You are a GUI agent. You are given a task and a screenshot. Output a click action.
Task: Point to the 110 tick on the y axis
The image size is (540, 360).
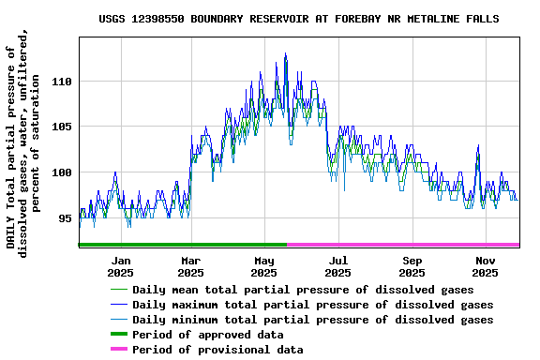coord(61,82)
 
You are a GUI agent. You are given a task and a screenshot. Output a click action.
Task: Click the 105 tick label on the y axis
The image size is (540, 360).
coord(61,127)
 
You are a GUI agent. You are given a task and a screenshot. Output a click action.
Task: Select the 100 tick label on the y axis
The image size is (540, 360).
coord(61,172)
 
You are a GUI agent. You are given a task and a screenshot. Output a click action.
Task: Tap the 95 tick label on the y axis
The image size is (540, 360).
coord(64,217)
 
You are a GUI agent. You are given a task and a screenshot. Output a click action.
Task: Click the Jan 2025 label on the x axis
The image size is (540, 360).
coord(121,266)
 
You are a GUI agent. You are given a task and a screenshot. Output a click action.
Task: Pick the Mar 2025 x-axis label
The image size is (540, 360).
coord(190,266)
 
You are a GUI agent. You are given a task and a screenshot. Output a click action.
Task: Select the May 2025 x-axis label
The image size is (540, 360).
coord(263,266)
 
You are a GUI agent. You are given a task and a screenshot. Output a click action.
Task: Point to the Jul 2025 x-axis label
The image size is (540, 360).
coord(338,266)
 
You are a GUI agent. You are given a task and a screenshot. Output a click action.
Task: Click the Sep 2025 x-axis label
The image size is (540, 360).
coord(412,266)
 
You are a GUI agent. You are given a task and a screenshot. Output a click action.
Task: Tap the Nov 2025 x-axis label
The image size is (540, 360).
coord(485,266)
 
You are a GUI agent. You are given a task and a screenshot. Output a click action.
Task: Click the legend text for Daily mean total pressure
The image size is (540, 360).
coord(303,290)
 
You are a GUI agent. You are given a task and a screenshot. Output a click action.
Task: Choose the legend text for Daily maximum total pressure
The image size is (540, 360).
coord(312,305)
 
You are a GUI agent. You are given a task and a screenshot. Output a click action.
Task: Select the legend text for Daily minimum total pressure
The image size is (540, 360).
coord(312,320)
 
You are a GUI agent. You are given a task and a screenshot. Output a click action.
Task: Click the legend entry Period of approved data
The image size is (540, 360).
coord(207,335)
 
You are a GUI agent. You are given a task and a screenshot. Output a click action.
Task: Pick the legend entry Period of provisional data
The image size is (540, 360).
coord(217,350)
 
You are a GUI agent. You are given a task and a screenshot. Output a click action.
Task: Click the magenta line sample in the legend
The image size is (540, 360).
coord(118,350)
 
